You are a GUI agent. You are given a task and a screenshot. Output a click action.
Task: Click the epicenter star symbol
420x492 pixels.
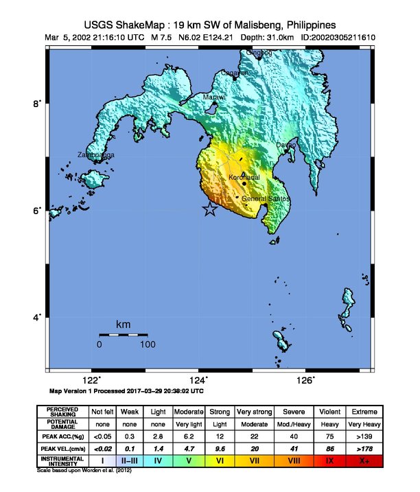point(210,210)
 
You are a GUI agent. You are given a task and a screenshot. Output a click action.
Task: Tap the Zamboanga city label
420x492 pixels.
point(95,156)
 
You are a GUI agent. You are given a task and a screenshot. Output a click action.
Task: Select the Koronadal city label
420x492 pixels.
point(244,178)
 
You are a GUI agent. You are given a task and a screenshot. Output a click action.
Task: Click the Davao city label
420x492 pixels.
point(286,145)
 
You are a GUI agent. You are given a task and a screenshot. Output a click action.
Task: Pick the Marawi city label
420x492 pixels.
point(214,97)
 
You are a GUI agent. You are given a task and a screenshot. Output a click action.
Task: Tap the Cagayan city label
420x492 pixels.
point(235,73)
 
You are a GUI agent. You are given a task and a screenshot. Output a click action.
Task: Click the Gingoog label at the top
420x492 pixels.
point(259,53)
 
